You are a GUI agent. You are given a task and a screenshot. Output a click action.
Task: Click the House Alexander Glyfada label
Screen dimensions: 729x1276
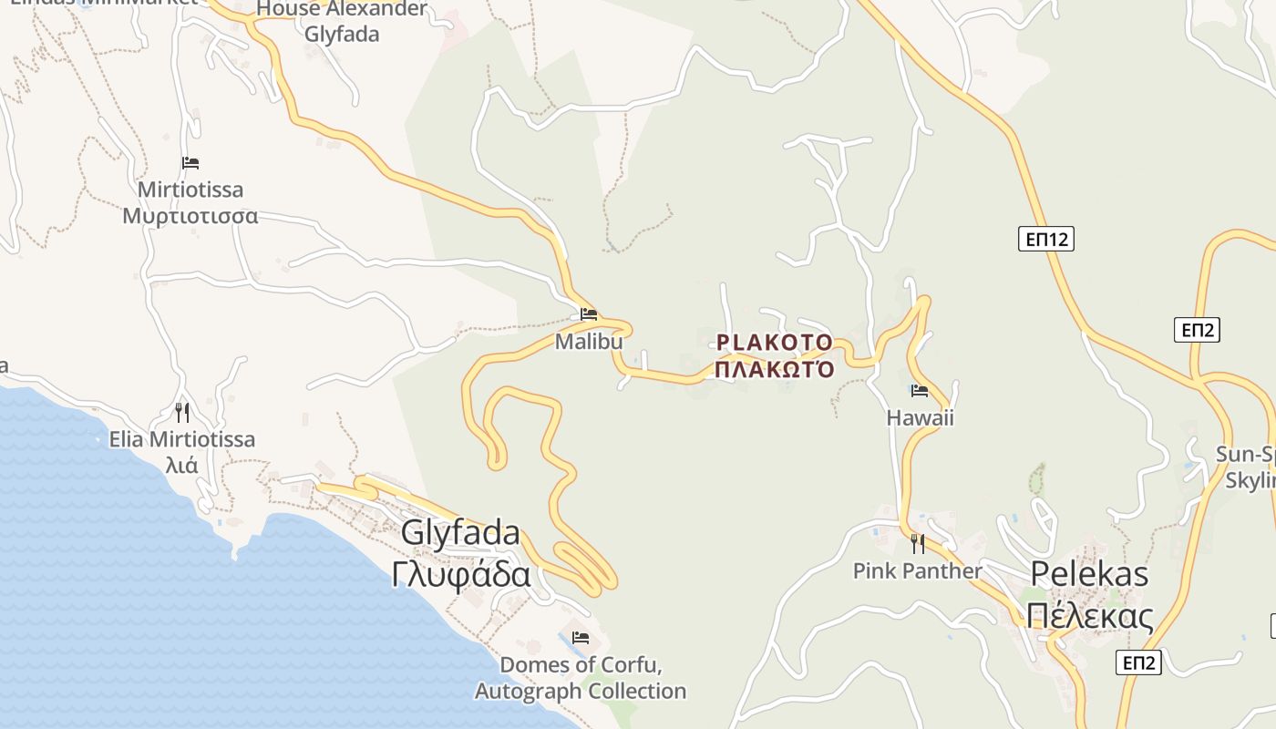tap(342, 22)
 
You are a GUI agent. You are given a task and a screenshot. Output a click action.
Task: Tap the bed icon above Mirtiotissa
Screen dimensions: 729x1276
tap(190, 163)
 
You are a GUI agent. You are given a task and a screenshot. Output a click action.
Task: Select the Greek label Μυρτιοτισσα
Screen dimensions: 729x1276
tap(190, 217)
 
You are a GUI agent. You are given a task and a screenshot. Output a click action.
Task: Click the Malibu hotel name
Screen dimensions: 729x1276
tap(589, 342)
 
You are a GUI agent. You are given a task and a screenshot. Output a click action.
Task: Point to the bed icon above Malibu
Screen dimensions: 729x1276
tap(589, 314)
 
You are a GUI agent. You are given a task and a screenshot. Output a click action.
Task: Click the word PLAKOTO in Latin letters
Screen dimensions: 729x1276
tap(774, 343)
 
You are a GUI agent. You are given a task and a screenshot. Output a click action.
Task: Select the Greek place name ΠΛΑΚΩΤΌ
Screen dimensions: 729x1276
tap(774, 370)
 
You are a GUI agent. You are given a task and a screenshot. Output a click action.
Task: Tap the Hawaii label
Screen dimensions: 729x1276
tap(920, 418)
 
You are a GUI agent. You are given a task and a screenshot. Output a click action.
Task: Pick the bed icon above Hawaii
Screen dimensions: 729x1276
tap(920, 391)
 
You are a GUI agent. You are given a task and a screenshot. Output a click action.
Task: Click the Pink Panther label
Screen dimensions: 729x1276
tap(917, 571)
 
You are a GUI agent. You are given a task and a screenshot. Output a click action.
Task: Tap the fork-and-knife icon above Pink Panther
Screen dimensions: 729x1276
tap(918, 544)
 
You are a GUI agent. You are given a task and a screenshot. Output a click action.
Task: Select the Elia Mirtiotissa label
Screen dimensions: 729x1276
tap(182, 440)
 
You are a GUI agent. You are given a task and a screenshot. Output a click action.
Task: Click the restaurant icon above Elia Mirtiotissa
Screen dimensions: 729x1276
tap(182, 413)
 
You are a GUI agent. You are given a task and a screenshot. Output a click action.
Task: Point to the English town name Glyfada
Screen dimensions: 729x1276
tap(460, 533)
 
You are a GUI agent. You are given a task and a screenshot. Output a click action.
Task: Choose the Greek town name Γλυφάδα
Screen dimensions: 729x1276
tap(460, 575)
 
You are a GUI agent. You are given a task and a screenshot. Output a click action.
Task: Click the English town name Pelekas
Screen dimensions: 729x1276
tap(1089, 574)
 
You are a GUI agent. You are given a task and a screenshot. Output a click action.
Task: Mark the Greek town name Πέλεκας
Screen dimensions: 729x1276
tap(1089, 616)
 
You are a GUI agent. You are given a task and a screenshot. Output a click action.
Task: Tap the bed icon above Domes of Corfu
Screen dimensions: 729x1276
tap(581, 637)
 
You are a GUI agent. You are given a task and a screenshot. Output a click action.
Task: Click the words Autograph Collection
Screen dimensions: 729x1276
tap(581, 692)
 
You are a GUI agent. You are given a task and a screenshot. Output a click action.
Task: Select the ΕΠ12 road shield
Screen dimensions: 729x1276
tap(1045, 240)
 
